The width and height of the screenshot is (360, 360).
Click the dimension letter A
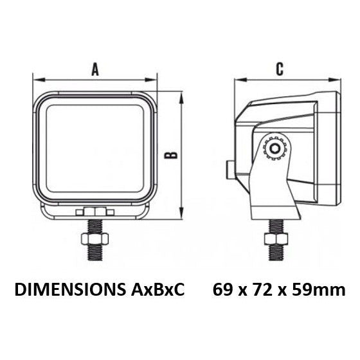click(95, 70)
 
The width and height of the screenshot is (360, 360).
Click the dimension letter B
click(171, 156)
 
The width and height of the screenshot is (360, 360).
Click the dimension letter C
click(280, 69)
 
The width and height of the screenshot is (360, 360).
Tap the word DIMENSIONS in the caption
click(70, 290)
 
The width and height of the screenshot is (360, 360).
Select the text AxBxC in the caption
click(157, 290)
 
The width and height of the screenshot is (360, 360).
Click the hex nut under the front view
click(94, 239)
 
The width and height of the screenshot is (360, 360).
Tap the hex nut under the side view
click(276, 239)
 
